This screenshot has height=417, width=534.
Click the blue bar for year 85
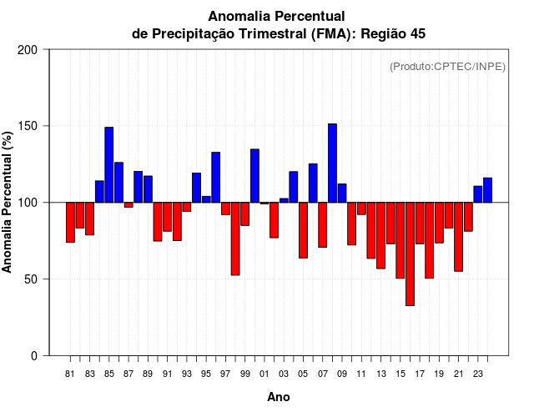pyautogui.click(x=109, y=164)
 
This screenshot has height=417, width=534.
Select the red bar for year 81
pyautogui.click(x=70, y=222)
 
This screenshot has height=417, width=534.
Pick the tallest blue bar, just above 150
pyautogui.click(x=332, y=163)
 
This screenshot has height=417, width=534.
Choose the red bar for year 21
pyautogui.click(x=458, y=236)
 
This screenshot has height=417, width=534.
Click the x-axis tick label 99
pyautogui.click(x=244, y=374)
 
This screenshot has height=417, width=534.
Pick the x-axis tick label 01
pyautogui.click(x=264, y=374)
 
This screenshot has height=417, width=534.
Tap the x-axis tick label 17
pyautogui.click(x=420, y=374)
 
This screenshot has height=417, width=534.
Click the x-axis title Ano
pyautogui.click(x=279, y=397)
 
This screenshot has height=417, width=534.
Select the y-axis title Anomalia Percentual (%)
pyautogui.click(x=8, y=203)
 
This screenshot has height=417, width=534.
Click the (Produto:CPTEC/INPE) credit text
pyautogui.click(x=447, y=66)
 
